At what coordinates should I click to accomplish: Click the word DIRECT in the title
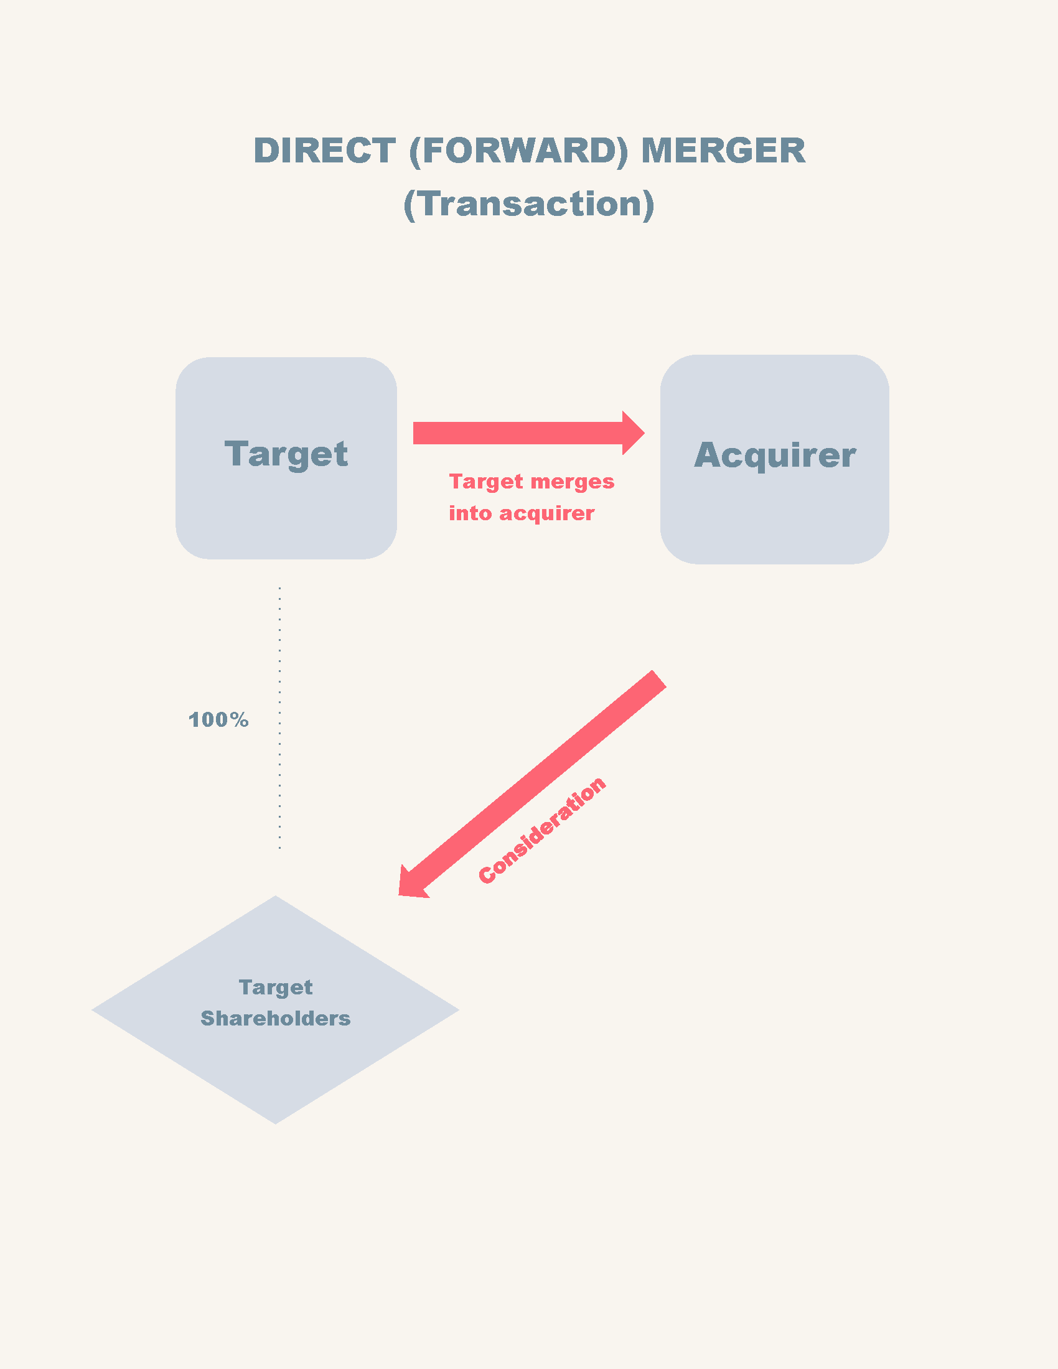324,151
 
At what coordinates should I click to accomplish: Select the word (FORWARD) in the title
518,151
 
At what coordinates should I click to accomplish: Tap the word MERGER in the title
723,151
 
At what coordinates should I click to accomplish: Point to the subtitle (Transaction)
528,203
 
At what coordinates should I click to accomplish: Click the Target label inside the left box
286,454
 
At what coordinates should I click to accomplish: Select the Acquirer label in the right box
774,455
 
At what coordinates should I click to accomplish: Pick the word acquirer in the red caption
546,513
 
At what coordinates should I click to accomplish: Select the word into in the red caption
470,513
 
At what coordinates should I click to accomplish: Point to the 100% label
218,719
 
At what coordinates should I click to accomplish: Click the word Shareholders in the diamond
275,1019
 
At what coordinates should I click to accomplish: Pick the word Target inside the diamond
275,988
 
